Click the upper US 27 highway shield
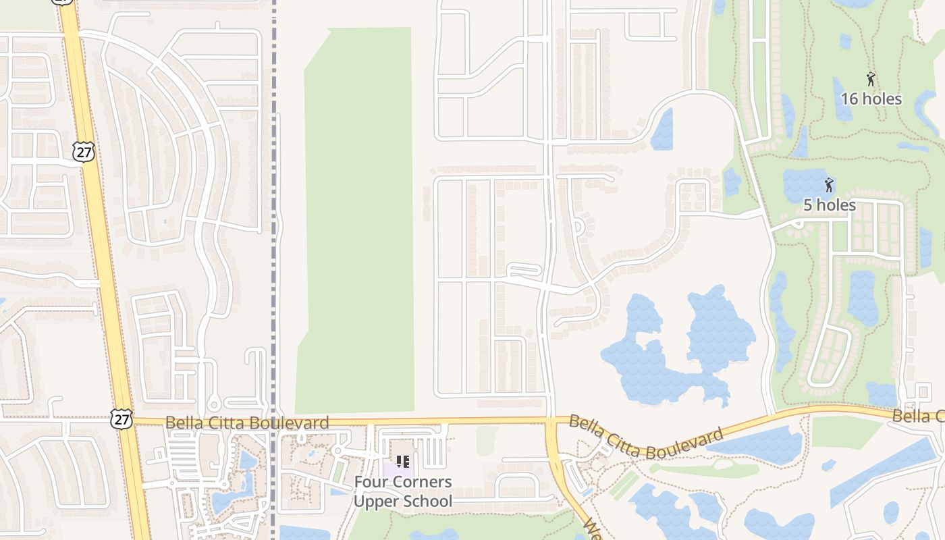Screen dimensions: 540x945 (x=84, y=152)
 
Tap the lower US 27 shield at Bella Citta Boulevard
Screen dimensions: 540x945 (x=122, y=418)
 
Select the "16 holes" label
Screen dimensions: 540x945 (x=871, y=99)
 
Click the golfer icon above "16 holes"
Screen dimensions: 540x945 (x=871, y=79)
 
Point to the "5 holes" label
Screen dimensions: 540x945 (x=830, y=205)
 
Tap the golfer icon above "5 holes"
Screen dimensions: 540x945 (x=829, y=185)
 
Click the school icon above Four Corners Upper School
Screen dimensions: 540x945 (x=403, y=462)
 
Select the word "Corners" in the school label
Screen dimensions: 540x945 (x=423, y=482)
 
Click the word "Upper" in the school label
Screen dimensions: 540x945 (x=375, y=502)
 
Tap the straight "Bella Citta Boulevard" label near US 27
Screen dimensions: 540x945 (x=247, y=423)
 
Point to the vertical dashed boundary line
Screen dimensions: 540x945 (x=274, y=270)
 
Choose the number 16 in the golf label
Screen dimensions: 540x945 (x=849, y=99)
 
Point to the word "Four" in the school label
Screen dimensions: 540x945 (x=373, y=482)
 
